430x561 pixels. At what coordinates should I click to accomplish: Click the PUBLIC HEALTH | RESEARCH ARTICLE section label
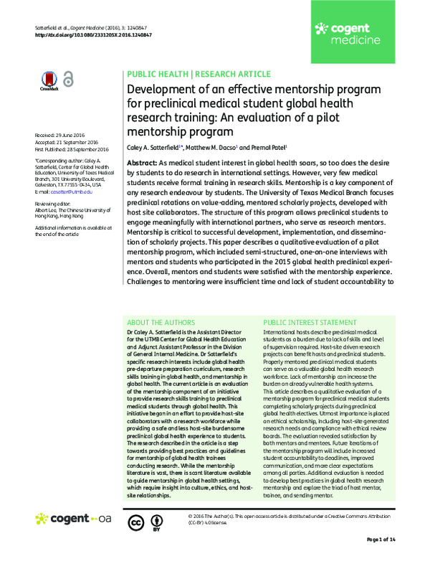click(199, 74)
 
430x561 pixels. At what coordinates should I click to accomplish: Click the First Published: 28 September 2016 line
click(71, 149)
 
